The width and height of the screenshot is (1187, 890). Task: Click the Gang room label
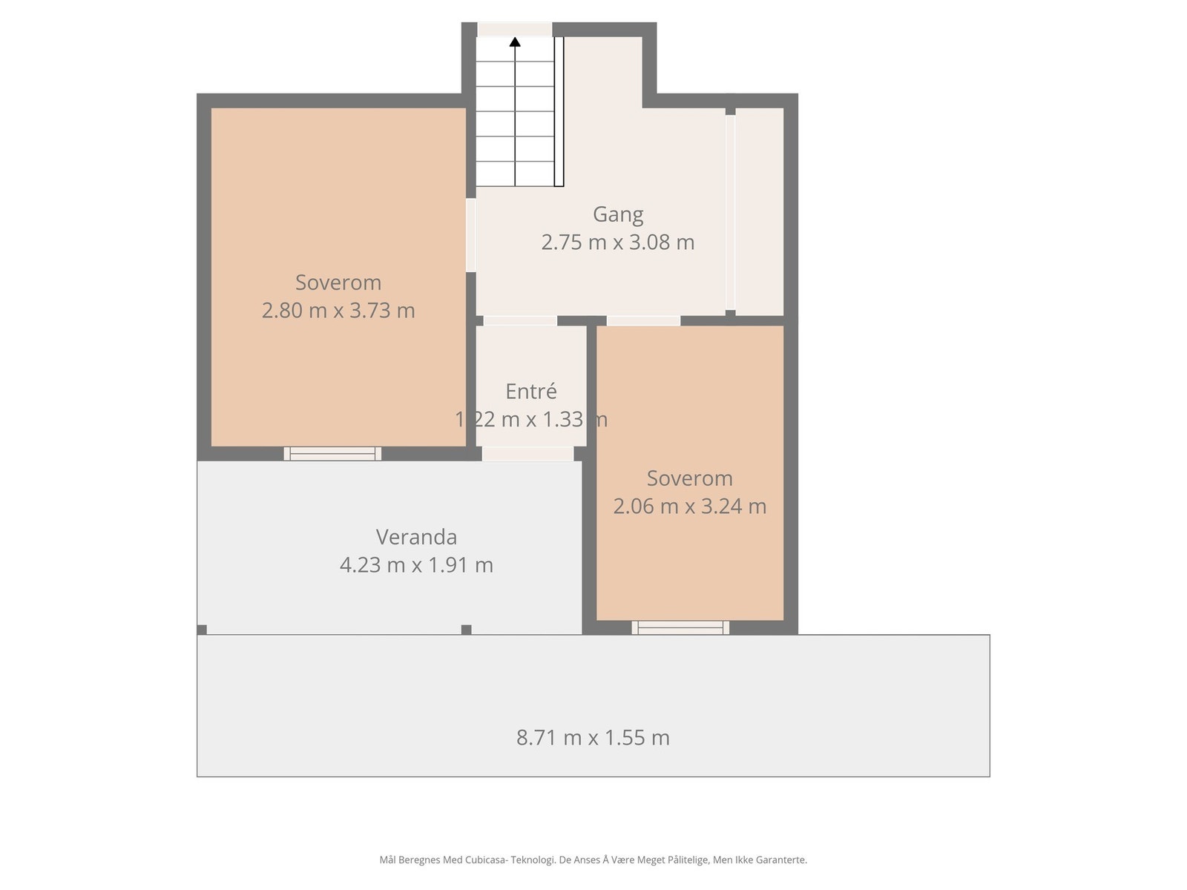click(617, 214)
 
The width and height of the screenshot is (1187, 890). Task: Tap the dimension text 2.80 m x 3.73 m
click(338, 310)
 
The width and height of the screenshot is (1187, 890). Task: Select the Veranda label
click(416, 537)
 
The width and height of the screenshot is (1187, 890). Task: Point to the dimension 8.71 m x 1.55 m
click(593, 737)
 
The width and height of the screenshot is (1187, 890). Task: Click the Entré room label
click(531, 392)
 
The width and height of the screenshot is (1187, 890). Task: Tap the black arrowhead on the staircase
click(515, 42)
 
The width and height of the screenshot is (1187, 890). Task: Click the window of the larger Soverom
click(332, 453)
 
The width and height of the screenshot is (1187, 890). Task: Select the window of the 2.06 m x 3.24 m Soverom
click(680, 627)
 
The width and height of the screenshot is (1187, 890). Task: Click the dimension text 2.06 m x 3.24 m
click(689, 506)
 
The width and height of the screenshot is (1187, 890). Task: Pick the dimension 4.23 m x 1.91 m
click(416, 565)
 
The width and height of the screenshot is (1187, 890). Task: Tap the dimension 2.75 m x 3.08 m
click(617, 243)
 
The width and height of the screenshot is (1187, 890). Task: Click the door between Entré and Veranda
click(527, 453)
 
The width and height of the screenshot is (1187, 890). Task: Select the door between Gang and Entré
click(520, 320)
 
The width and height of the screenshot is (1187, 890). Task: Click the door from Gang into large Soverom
click(470, 235)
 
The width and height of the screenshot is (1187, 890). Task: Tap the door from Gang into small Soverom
click(643, 320)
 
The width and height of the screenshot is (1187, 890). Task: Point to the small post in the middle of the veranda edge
click(466, 630)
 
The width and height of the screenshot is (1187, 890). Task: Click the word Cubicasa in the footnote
click(485, 860)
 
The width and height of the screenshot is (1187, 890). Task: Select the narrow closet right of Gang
click(759, 211)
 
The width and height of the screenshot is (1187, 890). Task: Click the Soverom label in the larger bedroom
click(338, 283)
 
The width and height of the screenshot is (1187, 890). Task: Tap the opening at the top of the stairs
click(514, 29)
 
